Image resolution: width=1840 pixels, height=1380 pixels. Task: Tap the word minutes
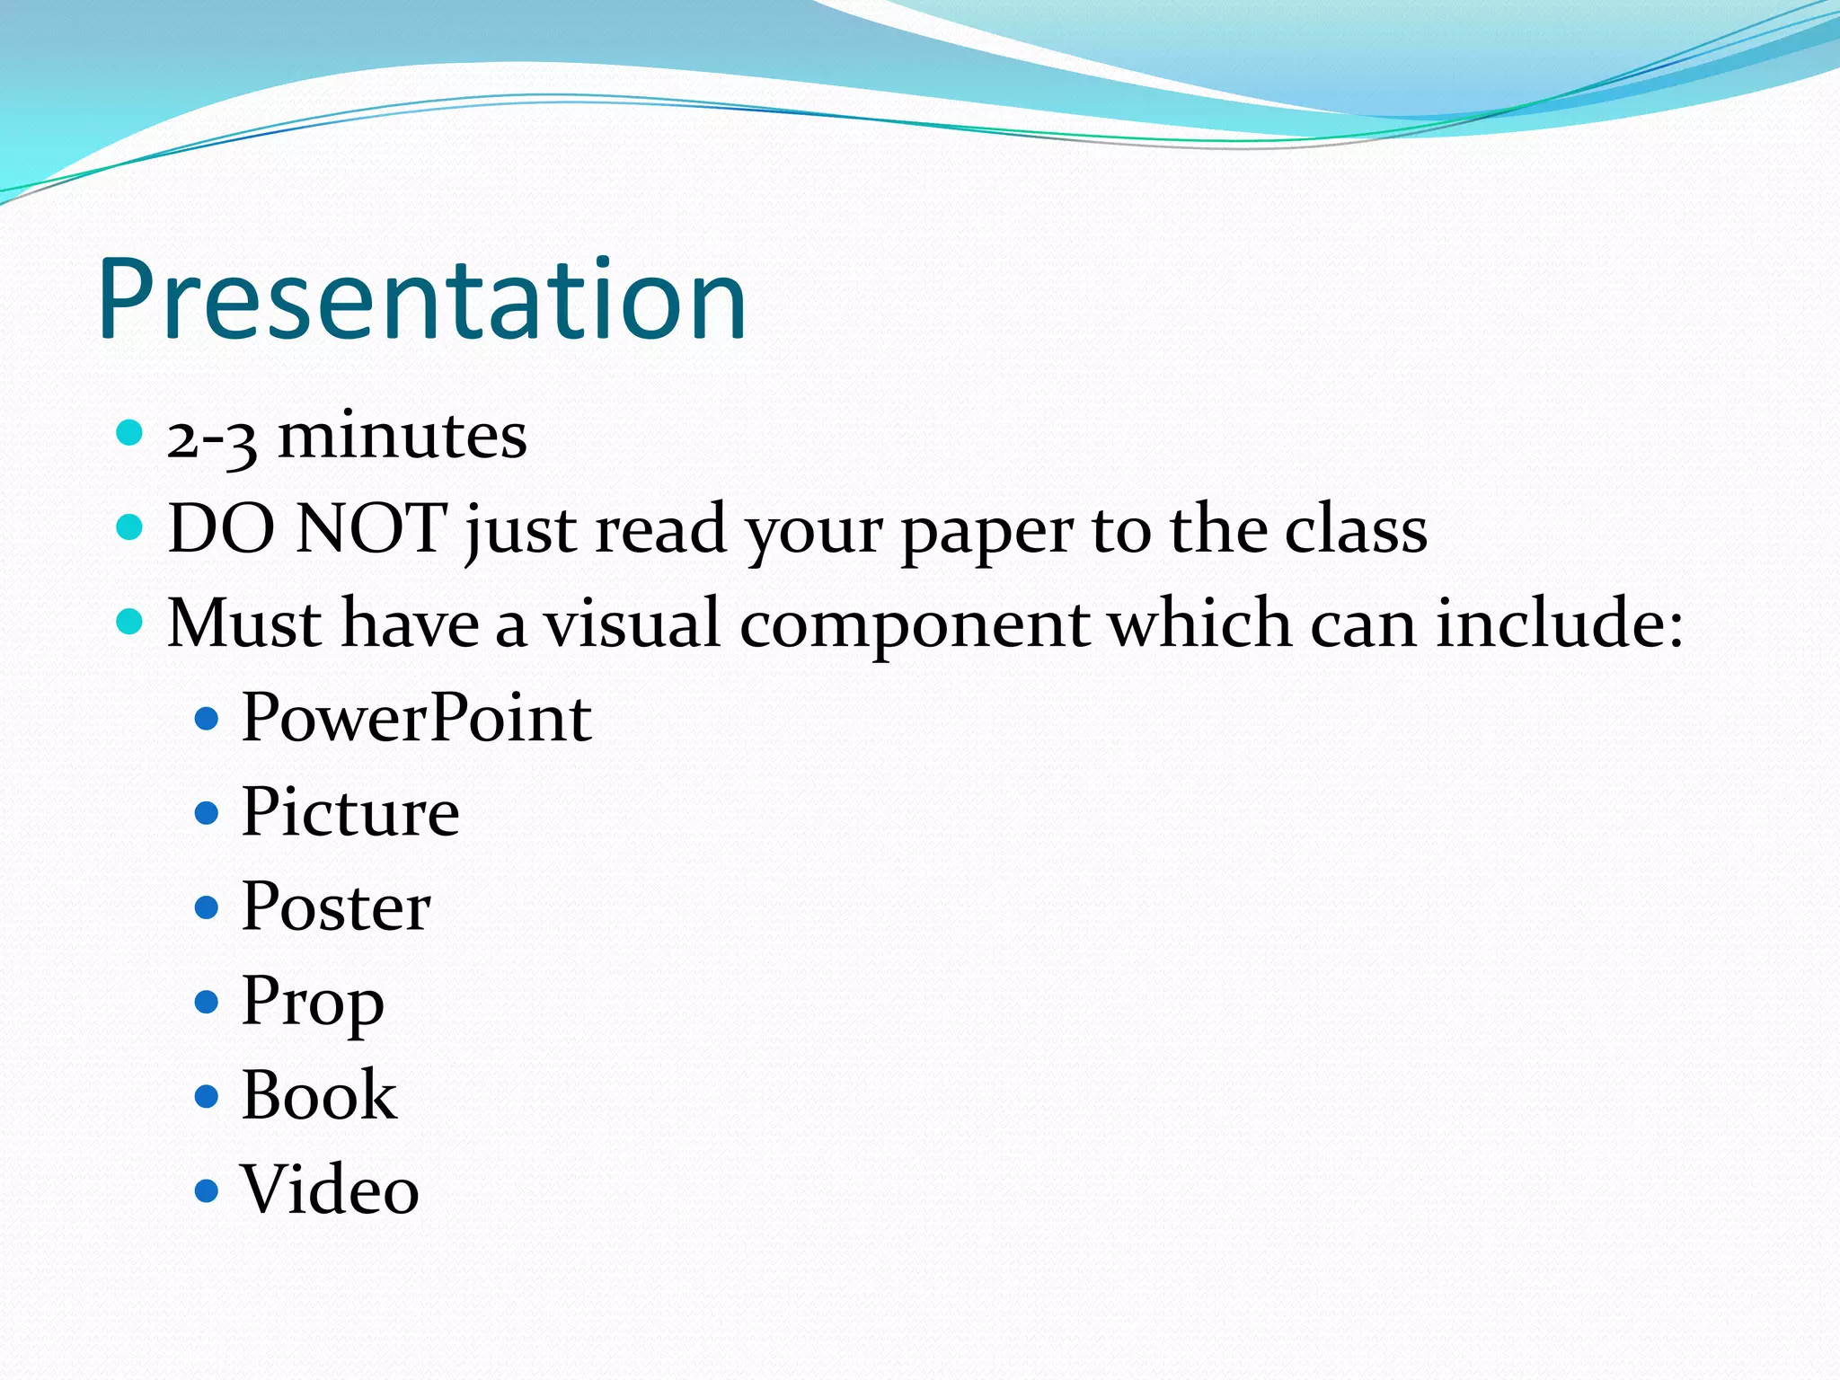(x=402, y=437)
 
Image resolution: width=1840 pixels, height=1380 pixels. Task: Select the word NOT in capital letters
(x=371, y=528)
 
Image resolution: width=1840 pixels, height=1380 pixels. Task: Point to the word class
(x=1356, y=528)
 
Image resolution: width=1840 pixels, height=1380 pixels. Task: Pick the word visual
(x=632, y=623)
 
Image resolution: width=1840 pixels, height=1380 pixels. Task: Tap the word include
(x=1559, y=623)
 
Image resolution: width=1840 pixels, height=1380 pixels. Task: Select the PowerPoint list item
(x=416, y=718)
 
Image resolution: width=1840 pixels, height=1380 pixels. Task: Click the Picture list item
(x=350, y=812)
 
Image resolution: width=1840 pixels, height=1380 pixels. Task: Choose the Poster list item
(x=336, y=907)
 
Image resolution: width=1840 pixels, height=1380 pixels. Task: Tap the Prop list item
(x=313, y=1003)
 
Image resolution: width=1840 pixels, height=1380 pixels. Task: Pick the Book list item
(x=319, y=1095)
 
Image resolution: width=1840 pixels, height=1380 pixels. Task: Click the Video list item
(x=330, y=1190)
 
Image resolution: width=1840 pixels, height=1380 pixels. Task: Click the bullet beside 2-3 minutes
(x=130, y=433)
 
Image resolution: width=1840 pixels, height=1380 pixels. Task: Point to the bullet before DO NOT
(x=130, y=526)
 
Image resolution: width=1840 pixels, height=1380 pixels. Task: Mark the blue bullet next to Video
(x=207, y=1191)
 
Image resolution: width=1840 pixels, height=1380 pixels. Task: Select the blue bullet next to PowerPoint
(x=207, y=719)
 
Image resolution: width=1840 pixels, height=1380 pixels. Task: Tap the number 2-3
(x=212, y=438)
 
